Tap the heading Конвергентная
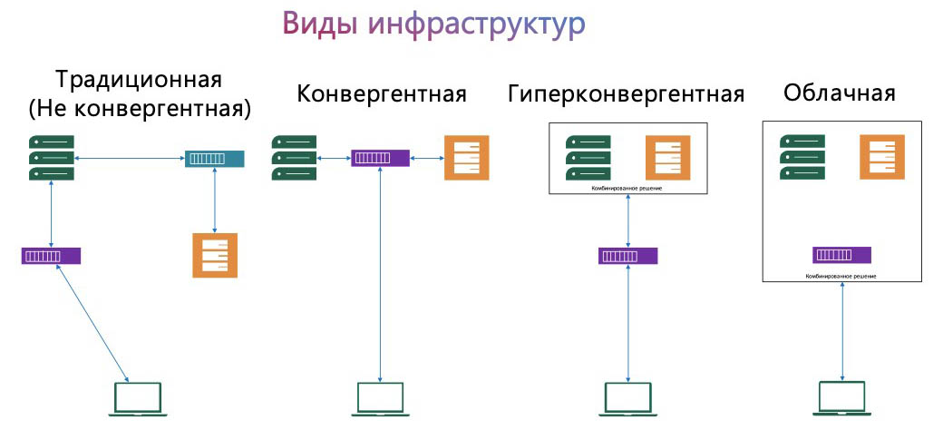click(382, 93)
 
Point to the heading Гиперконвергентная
click(627, 93)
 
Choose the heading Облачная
click(841, 93)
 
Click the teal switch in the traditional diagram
click(214, 159)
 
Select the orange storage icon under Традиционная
click(215, 255)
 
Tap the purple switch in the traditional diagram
click(51, 256)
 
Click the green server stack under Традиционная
click(52, 158)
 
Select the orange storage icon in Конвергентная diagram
click(466, 158)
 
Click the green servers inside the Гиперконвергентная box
click(588, 158)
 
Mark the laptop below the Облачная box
click(843, 398)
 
